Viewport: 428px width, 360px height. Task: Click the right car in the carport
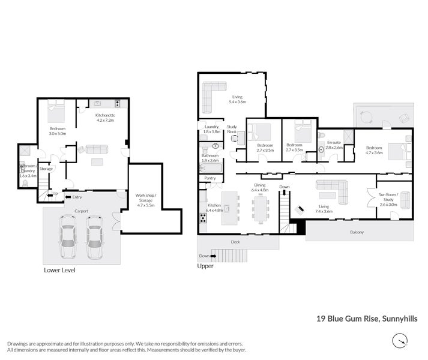pos(95,238)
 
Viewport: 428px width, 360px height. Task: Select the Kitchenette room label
pos(105,118)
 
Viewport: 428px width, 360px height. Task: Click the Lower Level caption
pos(59,270)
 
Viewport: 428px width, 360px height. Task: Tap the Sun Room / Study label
pos(389,199)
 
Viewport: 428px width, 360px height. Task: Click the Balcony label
pos(358,232)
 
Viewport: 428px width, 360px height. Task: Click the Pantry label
pos(210,178)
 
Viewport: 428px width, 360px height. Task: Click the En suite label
pos(334,144)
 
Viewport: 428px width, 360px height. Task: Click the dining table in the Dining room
pos(260,212)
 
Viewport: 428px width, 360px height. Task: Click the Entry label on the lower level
pos(77,197)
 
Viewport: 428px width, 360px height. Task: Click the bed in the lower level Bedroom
pos(56,110)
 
